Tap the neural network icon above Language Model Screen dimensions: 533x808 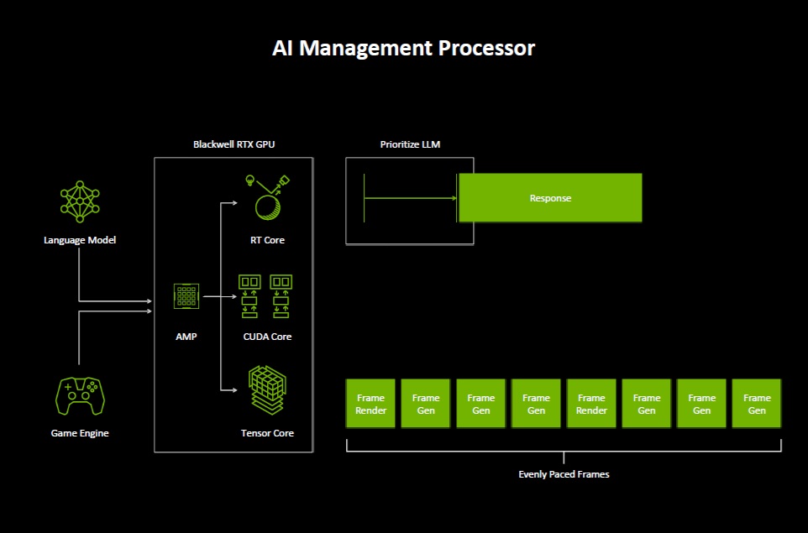[x=80, y=201]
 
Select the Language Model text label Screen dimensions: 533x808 [x=80, y=240]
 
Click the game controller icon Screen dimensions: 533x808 [x=80, y=395]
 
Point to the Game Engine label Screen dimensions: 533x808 [x=80, y=433]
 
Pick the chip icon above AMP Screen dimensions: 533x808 [x=186, y=296]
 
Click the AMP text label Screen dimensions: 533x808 [x=186, y=337]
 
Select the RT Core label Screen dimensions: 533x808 [x=267, y=240]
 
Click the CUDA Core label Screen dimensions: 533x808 [x=267, y=337]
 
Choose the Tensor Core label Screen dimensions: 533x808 [x=267, y=433]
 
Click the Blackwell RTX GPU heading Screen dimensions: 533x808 [x=233, y=144]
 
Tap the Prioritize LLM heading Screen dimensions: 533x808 [x=410, y=144]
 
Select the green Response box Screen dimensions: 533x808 [x=550, y=198]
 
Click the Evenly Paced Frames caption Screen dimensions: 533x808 [x=564, y=474]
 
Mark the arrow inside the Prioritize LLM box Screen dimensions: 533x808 [x=412, y=198]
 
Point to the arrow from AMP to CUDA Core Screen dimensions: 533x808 [x=218, y=296]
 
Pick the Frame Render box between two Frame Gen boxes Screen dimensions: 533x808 [x=591, y=404]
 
